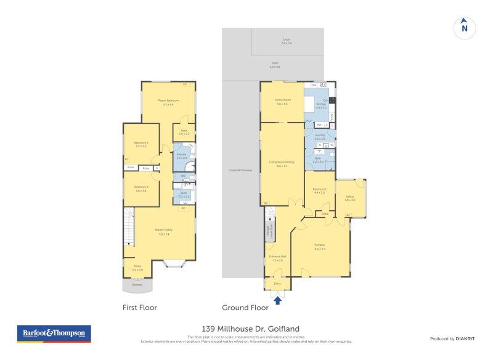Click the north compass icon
pyautogui.click(x=465, y=27)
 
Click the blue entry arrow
pyautogui.click(x=277, y=300)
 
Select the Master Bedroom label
pyautogui.click(x=168, y=100)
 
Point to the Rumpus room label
pyautogui.click(x=319, y=245)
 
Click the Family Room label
pyautogui.click(x=283, y=100)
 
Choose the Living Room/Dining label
pyautogui.click(x=282, y=163)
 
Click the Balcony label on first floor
pyautogui.click(x=137, y=284)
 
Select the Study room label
pyautogui.click(x=137, y=266)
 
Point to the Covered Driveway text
pyautogui.click(x=240, y=170)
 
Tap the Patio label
pyautogui.click(x=275, y=63)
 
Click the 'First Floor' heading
pyautogui.click(x=140, y=307)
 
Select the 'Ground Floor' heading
pyautogui.click(x=245, y=307)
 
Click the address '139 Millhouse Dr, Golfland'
pyautogui.click(x=246, y=329)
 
